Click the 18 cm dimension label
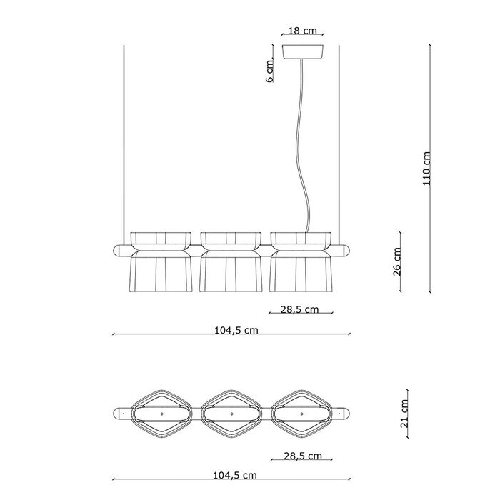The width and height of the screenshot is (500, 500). click(302, 31)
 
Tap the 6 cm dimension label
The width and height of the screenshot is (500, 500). click(270, 71)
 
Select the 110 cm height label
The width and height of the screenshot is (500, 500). click(426, 169)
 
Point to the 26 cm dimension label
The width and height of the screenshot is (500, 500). click(397, 261)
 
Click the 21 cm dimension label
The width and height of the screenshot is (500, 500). click(404, 414)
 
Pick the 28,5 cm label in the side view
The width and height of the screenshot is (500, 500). click(299, 309)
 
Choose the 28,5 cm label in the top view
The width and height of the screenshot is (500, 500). click(303, 456)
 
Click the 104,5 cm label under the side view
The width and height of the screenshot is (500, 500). click(236, 330)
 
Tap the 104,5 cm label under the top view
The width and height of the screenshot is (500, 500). click(235, 476)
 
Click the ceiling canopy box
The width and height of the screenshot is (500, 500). click(303, 51)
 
